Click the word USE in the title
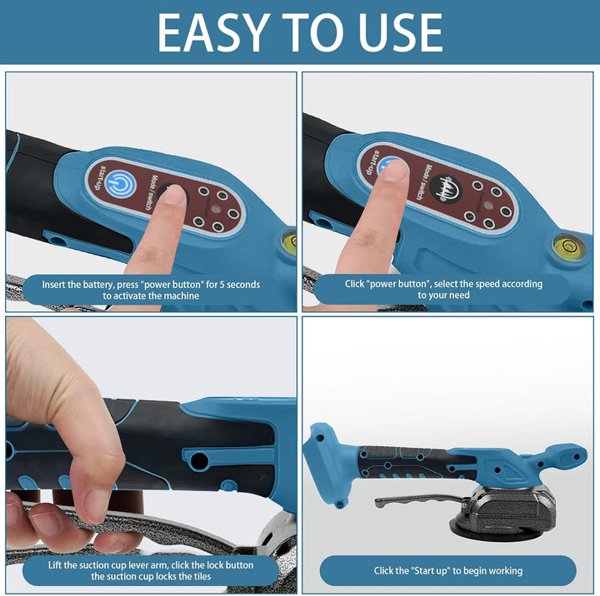401,32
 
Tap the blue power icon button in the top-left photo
121,184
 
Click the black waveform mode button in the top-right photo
445,189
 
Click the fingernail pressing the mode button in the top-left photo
175,195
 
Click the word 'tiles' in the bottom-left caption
202,576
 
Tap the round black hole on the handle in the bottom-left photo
199,460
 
